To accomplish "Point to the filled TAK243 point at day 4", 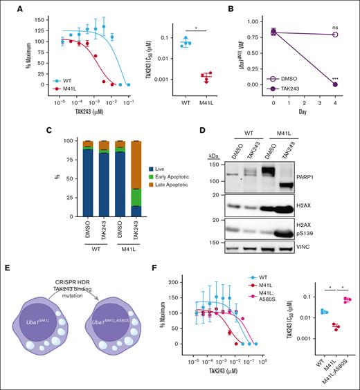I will (x=336, y=84).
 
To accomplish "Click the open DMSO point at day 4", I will (x=336, y=35).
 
